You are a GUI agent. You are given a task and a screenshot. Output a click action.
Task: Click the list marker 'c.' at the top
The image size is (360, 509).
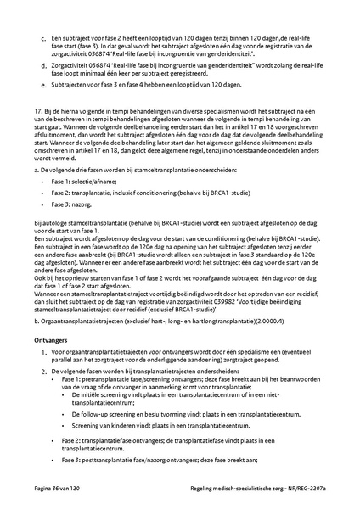point(43,39)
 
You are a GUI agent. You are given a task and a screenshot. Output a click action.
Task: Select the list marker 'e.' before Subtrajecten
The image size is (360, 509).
point(43,86)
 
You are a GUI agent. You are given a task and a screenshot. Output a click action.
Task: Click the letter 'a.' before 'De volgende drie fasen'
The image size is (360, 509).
point(37,169)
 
